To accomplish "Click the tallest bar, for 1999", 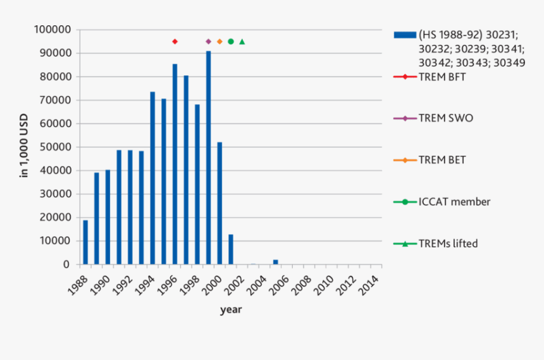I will click(x=208, y=158).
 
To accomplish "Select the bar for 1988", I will click(x=85, y=242).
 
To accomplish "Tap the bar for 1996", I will click(x=175, y=164).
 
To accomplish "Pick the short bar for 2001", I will click(x=230, y=249).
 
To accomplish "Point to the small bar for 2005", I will click(x=275, y=262).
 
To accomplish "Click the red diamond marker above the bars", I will click(x=175, y=42).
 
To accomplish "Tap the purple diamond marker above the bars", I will click(x=208, y=42).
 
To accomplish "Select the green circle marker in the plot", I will click(x=230, y=42).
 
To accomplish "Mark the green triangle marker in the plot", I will click(x=242, y=42).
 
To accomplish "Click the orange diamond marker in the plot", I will click(x=219, y=42).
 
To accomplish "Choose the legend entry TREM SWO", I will click(x=445, y=118).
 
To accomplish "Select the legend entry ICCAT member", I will click(x=454, y=202).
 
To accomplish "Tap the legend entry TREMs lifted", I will click(x=448, y=244).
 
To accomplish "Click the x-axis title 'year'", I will click(x=230, y=310).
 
